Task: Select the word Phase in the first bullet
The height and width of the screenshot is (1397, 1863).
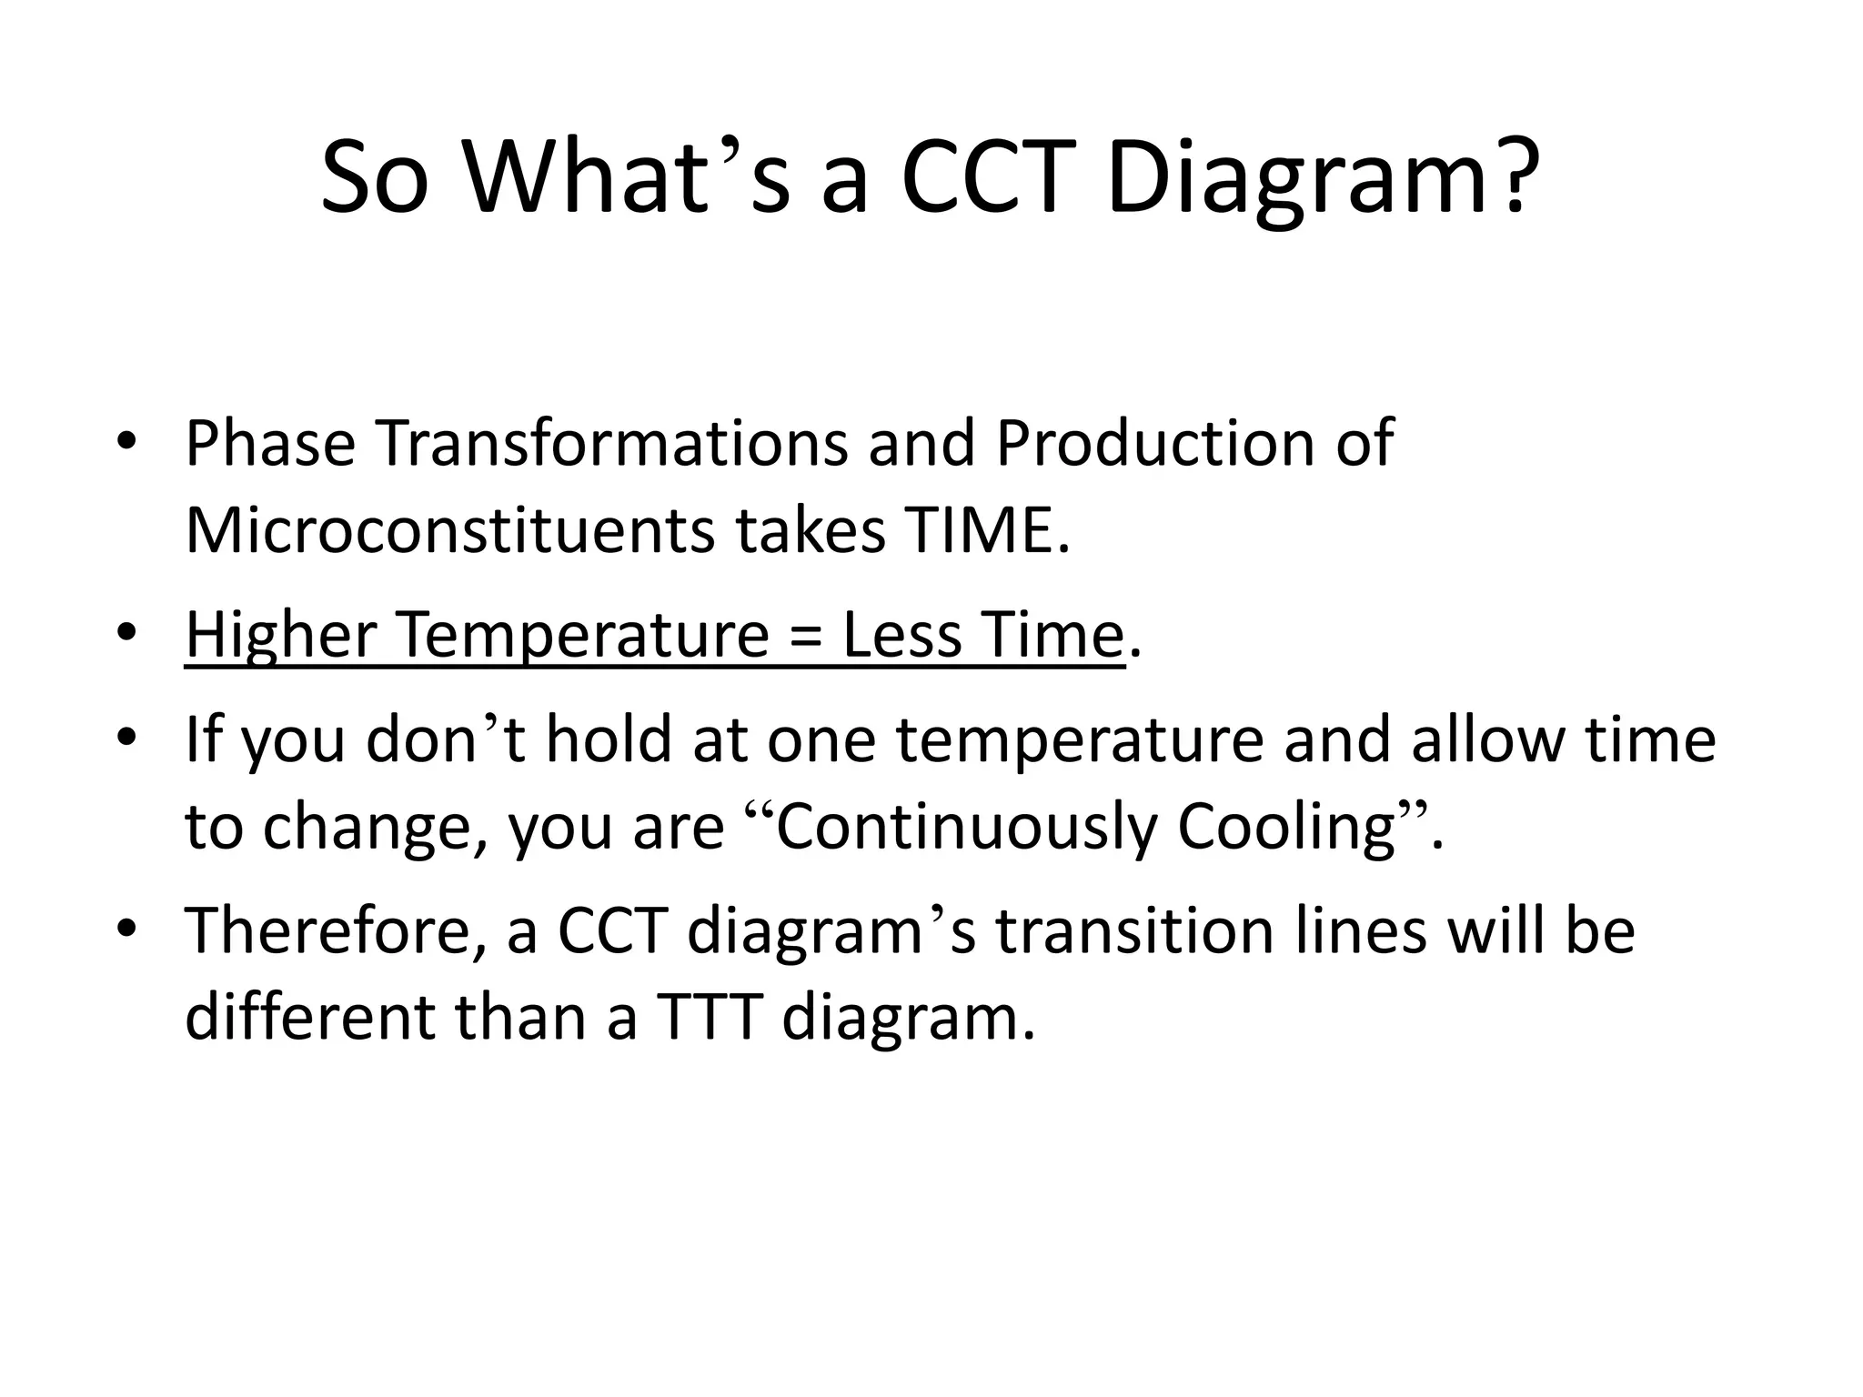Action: pos(269,444)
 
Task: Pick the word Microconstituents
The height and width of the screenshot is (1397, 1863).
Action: pos(449,531)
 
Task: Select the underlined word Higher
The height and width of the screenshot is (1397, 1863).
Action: pos(280,635)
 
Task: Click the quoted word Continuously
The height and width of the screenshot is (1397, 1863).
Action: pos(966,828)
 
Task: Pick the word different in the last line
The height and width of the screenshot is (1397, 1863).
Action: pos(309,1017)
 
